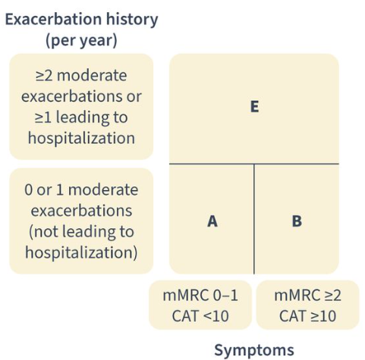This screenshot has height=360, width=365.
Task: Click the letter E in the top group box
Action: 254,106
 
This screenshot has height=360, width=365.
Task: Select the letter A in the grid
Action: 212,221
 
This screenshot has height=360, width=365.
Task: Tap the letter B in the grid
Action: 297,221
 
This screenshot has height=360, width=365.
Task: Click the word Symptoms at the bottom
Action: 254,351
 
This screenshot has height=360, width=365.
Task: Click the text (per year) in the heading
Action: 81,41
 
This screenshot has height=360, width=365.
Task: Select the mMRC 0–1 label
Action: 200,295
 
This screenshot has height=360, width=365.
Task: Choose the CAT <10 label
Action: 200,316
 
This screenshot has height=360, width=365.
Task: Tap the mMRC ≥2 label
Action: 307,295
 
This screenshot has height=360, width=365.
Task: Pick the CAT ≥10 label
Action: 307,316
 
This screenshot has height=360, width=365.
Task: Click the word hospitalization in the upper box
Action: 81,139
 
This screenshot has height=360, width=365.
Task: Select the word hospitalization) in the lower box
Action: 81,253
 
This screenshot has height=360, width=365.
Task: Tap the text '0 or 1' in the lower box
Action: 43,190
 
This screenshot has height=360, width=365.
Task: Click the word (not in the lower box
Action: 43,232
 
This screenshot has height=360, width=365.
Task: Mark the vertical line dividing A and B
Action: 254,219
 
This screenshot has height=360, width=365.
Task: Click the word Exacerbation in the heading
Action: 54,20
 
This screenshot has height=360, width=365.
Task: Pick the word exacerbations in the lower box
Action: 81,211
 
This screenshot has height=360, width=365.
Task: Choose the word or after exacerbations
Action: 134,96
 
